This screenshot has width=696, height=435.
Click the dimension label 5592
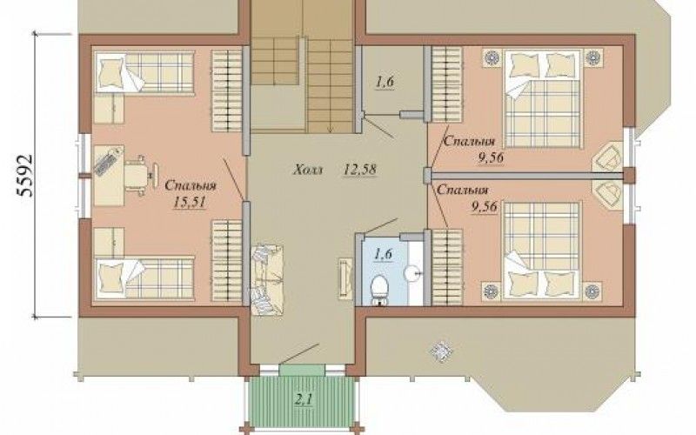click(x=25, y=176)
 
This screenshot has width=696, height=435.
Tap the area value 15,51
click(x=190, y=203)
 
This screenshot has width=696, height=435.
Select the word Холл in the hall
click(x=309, y=170)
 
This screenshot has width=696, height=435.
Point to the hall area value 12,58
click(x=360, y=169)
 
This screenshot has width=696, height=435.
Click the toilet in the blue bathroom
click(x=379, y=290)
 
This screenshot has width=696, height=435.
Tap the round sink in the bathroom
click(x=412, y=271)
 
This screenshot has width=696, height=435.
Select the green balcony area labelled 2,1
click(x=304, y=399)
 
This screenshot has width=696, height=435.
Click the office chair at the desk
click(x=139, y=176)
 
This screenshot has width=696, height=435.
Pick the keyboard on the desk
click(x=107, y=162)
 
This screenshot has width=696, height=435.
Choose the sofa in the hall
click(x=267, y=280)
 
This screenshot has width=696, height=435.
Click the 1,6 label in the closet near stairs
click(x=385, y=82)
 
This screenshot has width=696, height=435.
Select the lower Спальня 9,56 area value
click(x=487, y=206)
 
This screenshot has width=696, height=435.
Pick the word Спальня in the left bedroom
click(x=190, y=185)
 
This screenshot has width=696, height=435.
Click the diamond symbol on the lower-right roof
click(x=441, y=351)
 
